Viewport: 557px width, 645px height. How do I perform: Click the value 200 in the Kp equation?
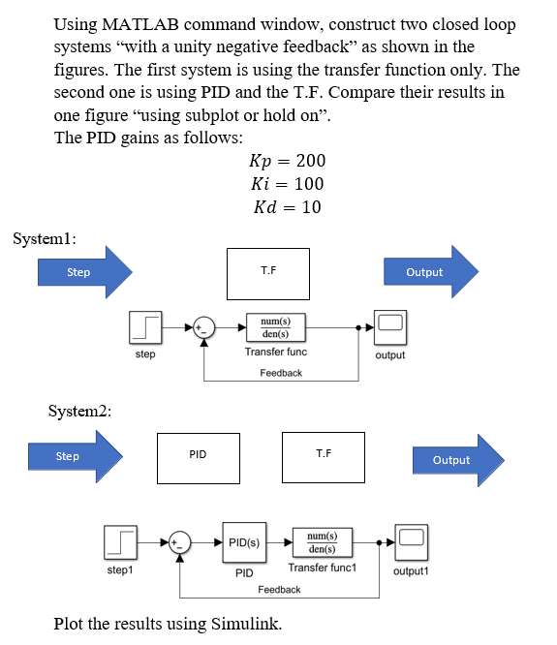(x=310, y=160)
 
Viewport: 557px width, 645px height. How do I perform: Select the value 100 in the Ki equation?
(x=309, y=183)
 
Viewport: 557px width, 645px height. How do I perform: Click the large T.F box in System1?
(x=268, y=273)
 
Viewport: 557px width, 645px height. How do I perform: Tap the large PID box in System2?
(x=199, y=456)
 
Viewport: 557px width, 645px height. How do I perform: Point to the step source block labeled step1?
(x=120, y=542)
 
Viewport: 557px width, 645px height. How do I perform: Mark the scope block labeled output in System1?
(x=391, y=326)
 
